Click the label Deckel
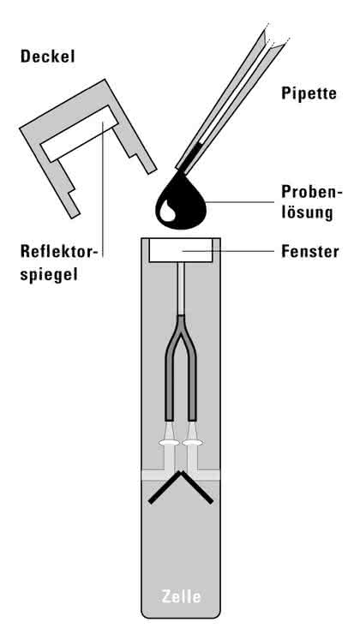[48, 57]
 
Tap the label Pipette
[309, 93]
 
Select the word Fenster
[309, 251]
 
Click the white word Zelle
[181, 597]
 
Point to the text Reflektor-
[60, 251]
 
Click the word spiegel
[49, 274]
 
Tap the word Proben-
[311, 191]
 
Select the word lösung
[307, 212]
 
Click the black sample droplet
[182, 202]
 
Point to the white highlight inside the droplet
[167, 210]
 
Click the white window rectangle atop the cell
[181, 250]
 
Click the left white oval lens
[169, 442]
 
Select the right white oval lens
[192, 442]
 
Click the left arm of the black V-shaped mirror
[163, 487]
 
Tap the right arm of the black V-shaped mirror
[197, 487]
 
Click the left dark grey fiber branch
[169, 375]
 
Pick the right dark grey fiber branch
[192, 375]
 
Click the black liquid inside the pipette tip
[190, 156]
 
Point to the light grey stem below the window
[181, 289]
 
